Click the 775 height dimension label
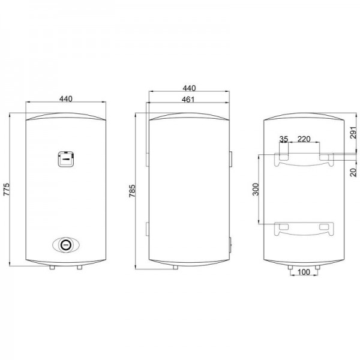[6, 190]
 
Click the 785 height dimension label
[132, 191]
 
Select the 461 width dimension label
[188, 100]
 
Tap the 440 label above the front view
[66, 99]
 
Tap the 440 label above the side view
[189, 88]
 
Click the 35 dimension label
[284, 139]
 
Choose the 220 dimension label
[304, 139]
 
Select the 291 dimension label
[354, 133]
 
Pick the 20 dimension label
[354, 172]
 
